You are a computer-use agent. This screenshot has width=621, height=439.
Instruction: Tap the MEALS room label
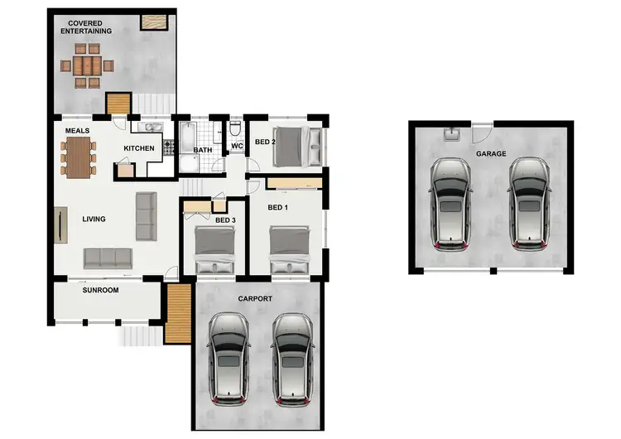pos(77,131)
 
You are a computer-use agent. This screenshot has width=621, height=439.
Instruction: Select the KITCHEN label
pos(139,148)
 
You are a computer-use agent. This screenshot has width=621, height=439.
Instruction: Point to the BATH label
pos(202,151)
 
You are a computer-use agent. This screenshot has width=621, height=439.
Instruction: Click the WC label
pos(236,147)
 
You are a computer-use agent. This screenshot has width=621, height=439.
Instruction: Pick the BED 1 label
pos(278,207)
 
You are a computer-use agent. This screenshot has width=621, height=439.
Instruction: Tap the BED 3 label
pos(225,220)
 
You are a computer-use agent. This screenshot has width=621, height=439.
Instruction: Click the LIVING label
pos(94,219)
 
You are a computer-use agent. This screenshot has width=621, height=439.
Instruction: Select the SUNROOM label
pos(100,291)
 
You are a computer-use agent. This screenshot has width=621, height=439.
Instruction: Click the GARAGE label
pos(491,154)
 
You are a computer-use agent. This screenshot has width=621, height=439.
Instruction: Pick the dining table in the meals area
pos(78,157)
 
